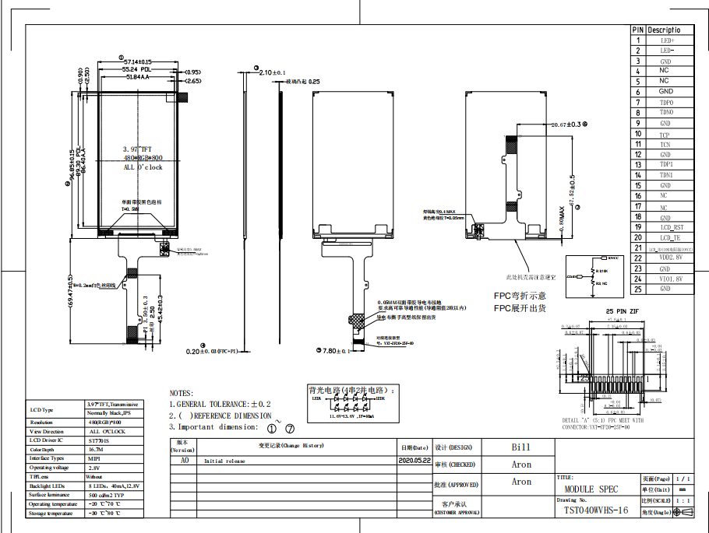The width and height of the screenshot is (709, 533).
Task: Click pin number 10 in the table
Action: point(638,134)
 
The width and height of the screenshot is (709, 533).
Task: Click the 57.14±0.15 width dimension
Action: point(137,61)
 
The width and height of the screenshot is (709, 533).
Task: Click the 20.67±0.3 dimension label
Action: point(566,124)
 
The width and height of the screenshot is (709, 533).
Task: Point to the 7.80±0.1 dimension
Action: point(337,352)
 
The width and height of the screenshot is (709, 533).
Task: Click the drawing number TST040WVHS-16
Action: point(596,510)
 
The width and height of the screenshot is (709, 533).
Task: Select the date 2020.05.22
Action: point(414,461)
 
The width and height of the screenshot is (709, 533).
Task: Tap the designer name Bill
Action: point(520,447)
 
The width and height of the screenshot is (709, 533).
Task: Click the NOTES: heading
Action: point(182,394)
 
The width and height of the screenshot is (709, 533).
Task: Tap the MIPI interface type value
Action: point(93,459)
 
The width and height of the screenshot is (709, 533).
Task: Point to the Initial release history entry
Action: point(224,461)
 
